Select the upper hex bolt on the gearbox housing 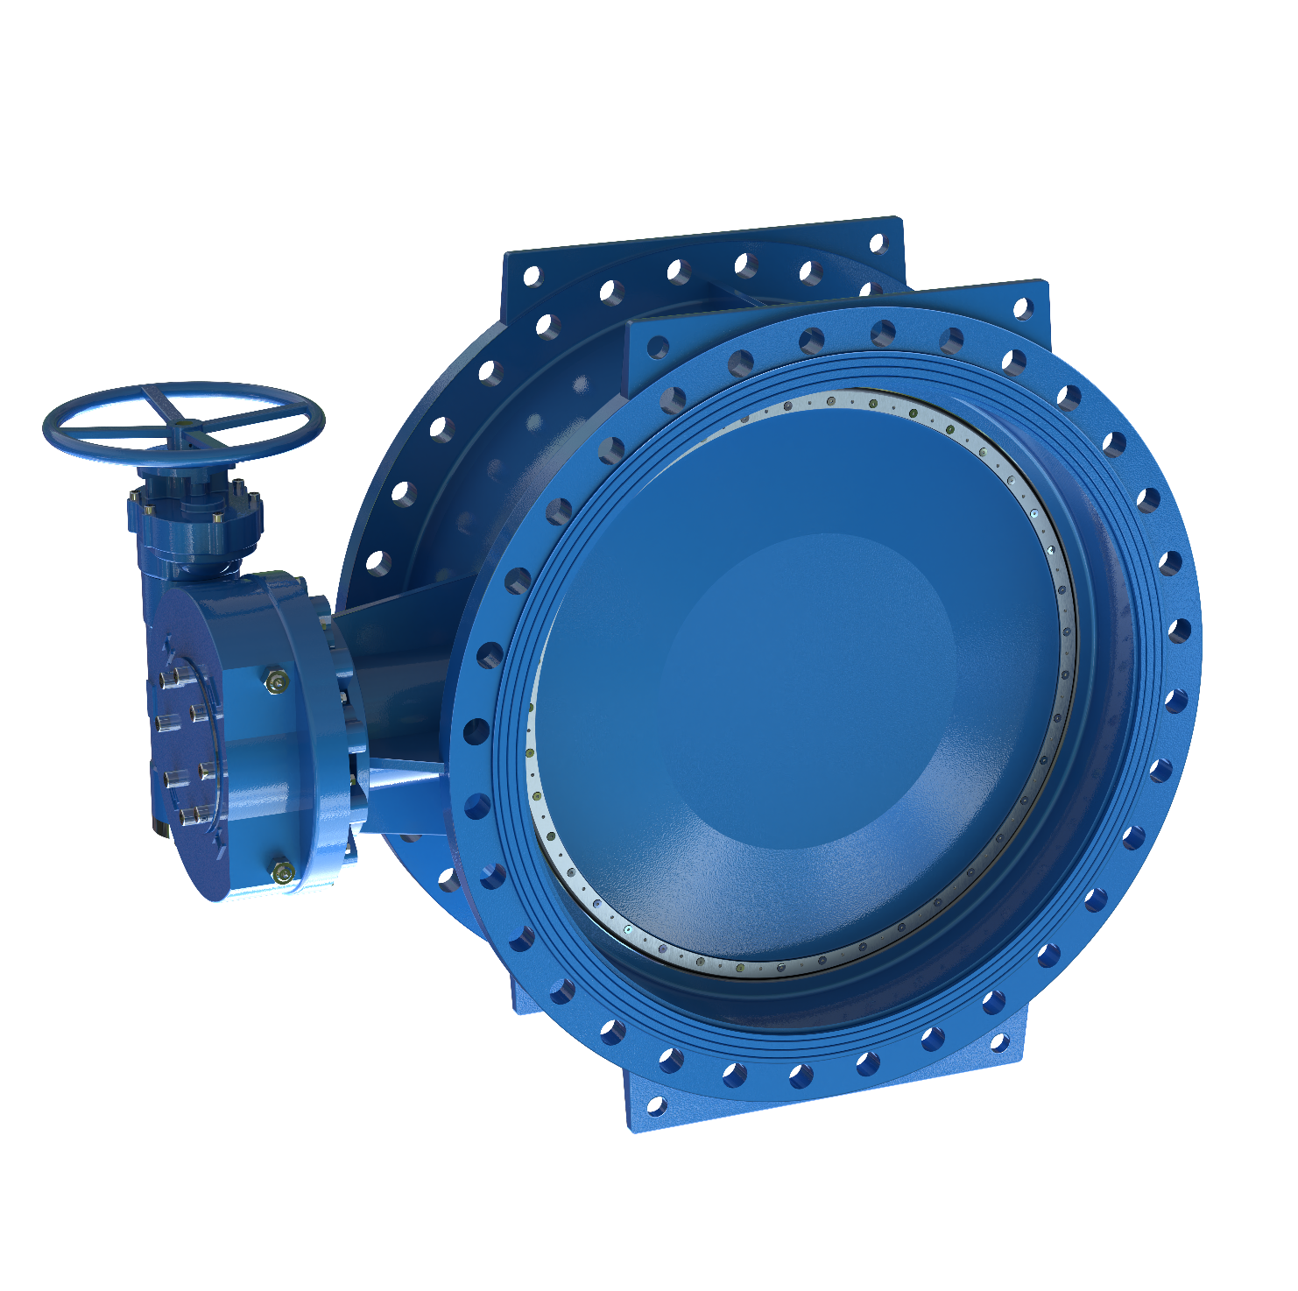pos(277,681)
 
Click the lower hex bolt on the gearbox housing pos(282,872)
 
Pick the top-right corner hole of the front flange pos(1022,308)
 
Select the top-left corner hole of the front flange pos(658,349)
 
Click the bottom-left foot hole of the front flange pos(655,1106)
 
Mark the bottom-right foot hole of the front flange pos(998,1042)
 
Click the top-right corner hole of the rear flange pos(878,243)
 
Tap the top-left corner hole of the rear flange pos(532,277)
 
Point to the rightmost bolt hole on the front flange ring pos(1179,631)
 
